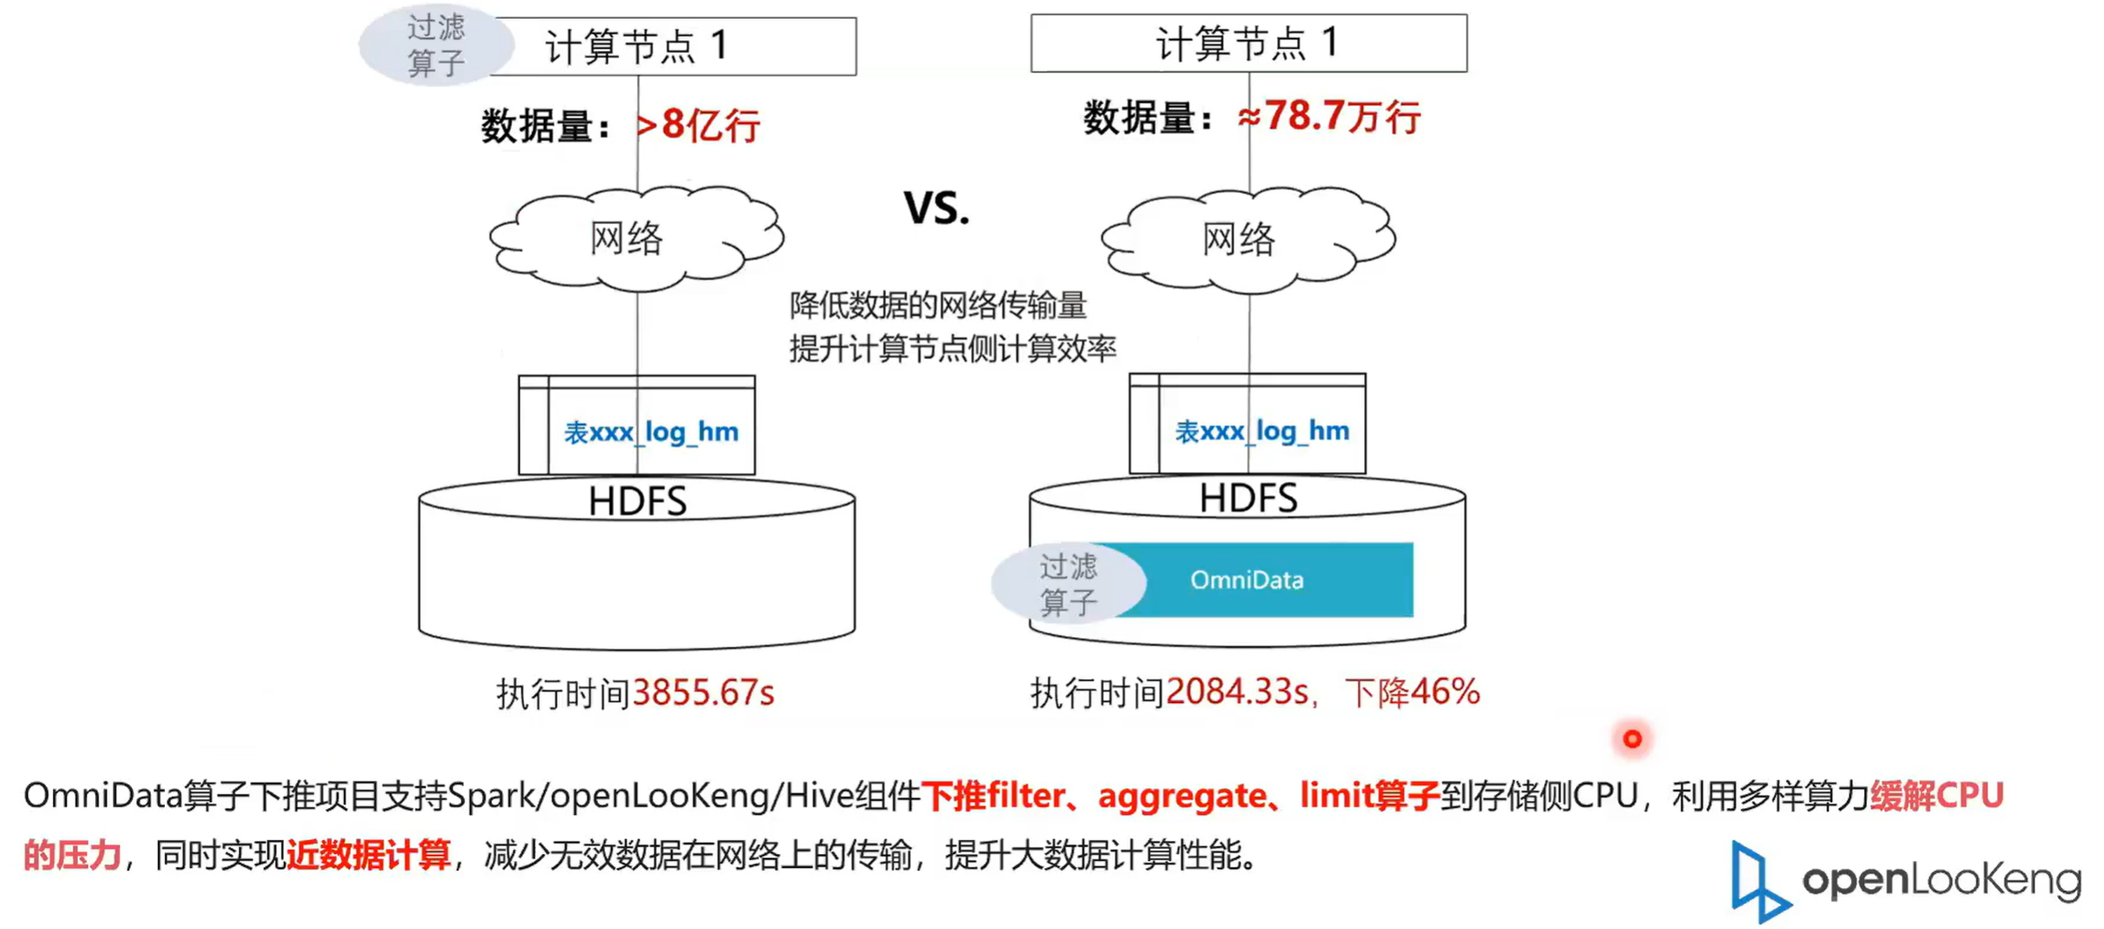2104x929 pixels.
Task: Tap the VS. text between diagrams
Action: (936, 208)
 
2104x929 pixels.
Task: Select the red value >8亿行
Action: (698, 125)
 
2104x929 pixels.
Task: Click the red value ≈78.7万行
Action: (1329, 117)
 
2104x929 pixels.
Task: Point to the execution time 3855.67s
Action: (703, 693)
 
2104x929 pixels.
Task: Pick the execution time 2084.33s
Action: (1236, 693)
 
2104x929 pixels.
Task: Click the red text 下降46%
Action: (1412, 693)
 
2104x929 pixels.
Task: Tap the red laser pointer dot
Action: (1632, 738)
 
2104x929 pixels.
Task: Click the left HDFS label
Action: (637, 501)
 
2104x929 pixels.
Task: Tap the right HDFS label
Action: (1248, 498)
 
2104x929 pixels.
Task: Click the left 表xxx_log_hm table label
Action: (651, 432)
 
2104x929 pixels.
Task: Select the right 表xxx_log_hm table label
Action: (1262, 431)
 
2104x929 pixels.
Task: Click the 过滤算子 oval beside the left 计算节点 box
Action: (436, 45)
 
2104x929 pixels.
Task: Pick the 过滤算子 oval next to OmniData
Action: (1068, 583)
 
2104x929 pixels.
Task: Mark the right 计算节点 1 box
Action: (1248, 43)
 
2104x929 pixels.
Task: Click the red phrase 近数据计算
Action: (369, 855)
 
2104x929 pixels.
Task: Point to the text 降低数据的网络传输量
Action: (937, 305)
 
